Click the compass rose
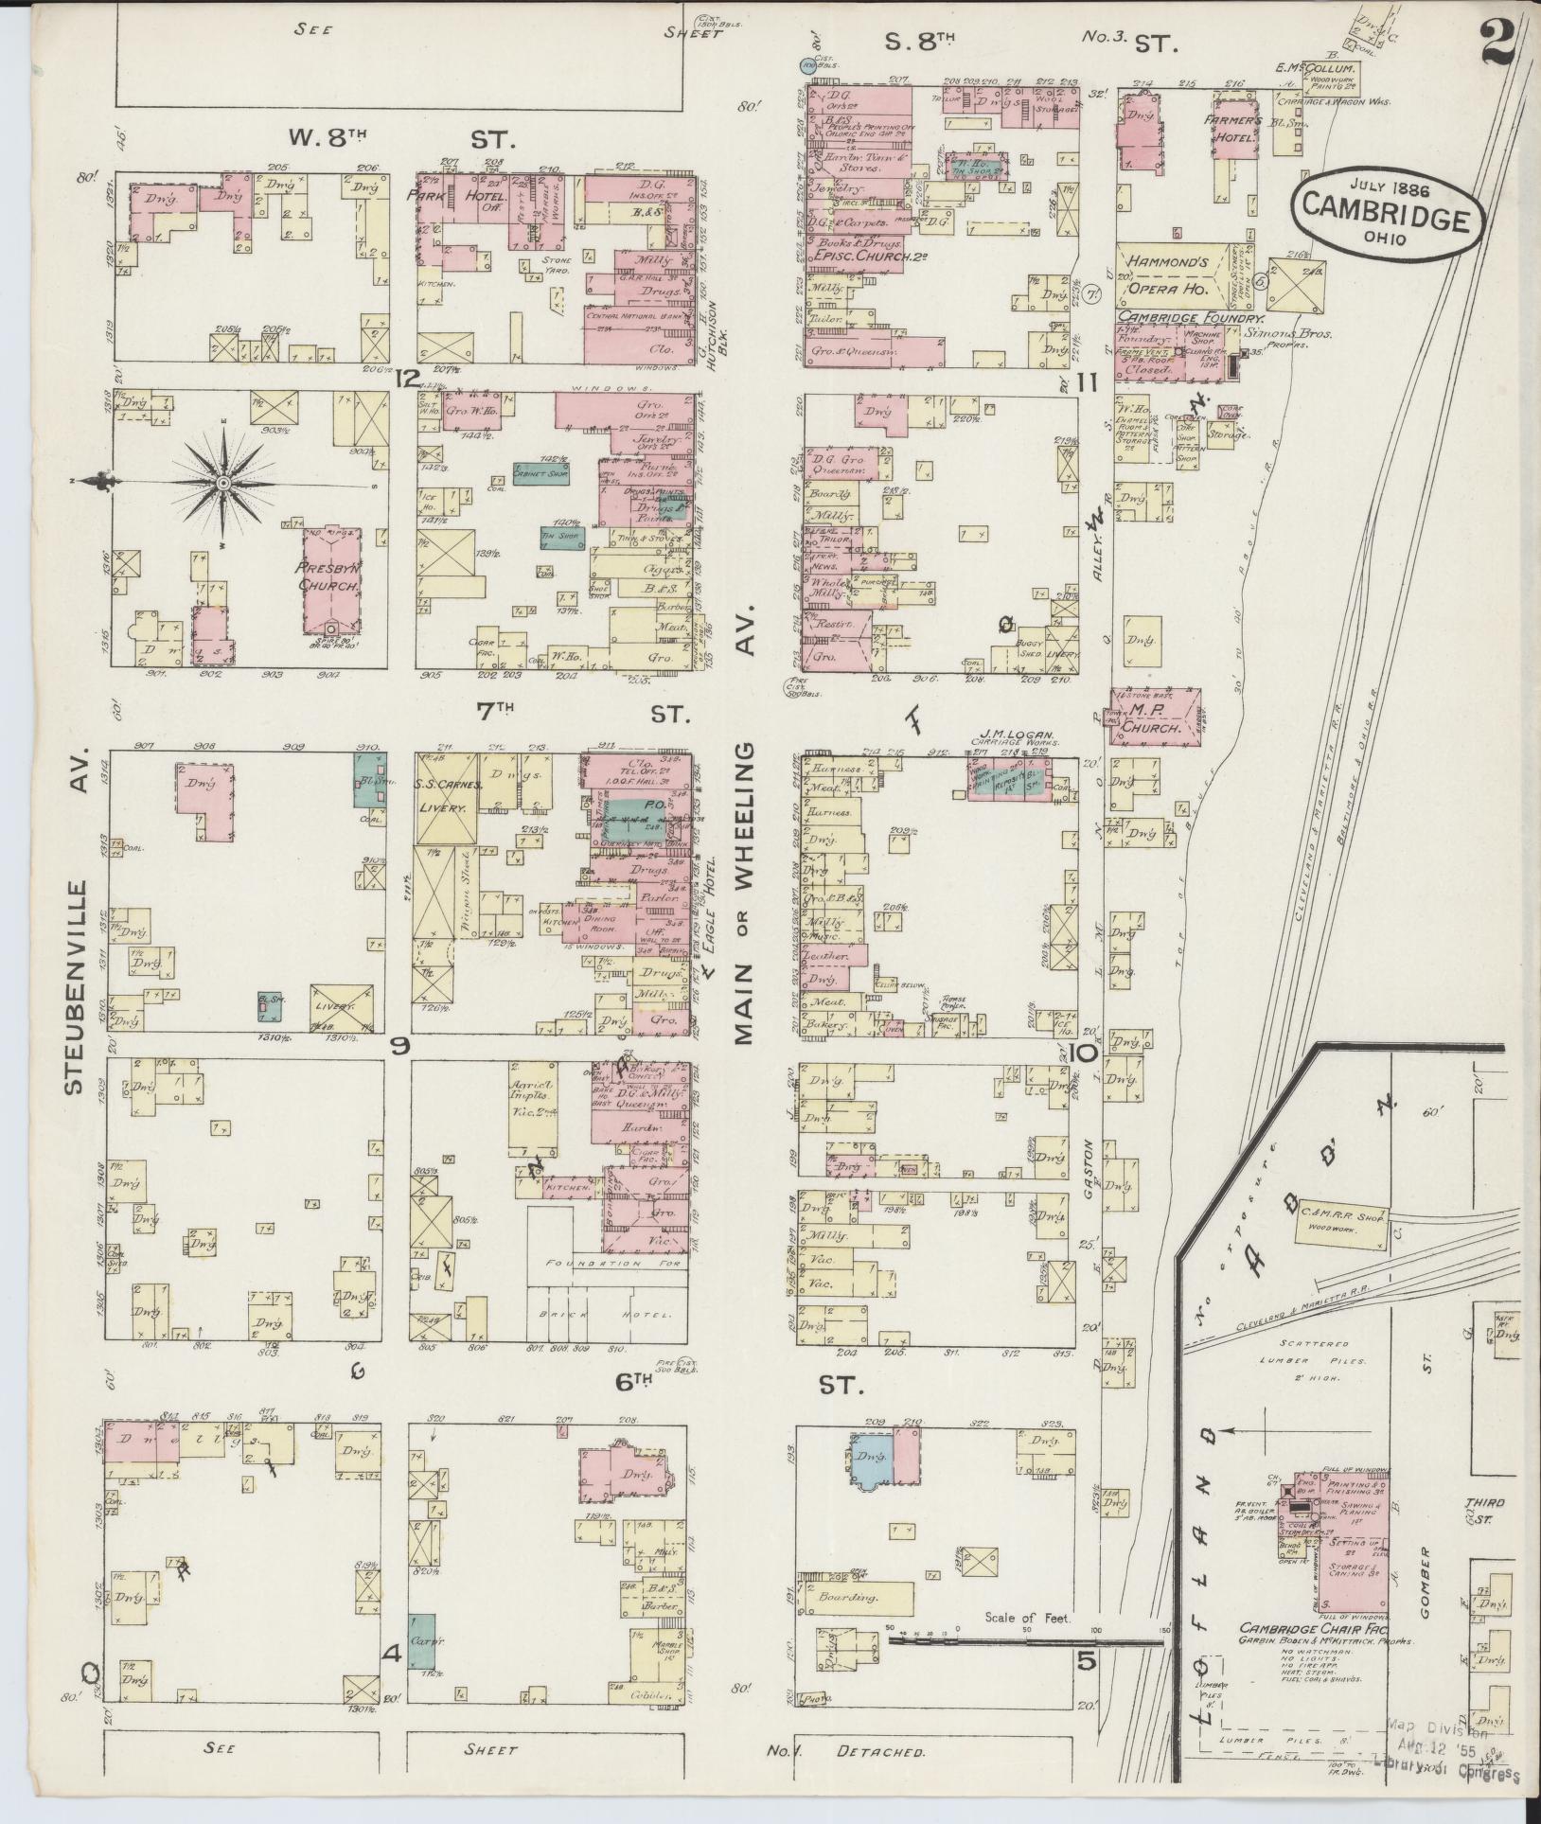[224, 484]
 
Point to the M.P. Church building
[1156, 718]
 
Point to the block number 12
[409, 379]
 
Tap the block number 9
[399, 1046]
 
